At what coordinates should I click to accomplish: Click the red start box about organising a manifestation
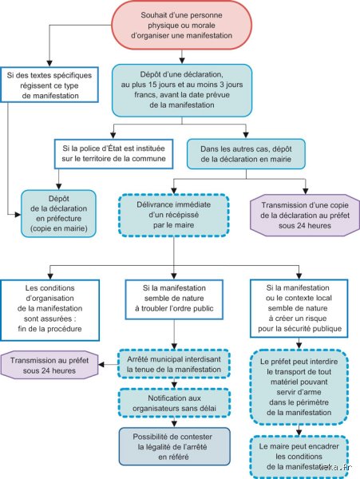[181, 26]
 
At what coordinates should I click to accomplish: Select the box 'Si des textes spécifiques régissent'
[49, 85]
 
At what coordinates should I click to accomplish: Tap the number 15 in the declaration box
[152, 85]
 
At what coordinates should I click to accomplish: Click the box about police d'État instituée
[113, 153]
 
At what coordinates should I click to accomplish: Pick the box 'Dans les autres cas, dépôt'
[246, 154]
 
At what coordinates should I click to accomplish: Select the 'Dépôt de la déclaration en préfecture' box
[58, 213]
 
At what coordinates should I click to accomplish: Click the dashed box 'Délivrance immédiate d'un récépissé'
[174, 215]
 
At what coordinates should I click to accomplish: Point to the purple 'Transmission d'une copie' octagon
[305, 216]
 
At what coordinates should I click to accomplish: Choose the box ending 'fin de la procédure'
[49, 310]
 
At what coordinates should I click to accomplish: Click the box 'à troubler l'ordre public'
[174, 299]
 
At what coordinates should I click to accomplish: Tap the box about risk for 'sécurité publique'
[299, 308]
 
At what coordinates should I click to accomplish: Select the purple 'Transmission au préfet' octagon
[49, 366]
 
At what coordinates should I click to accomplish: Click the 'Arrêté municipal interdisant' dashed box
[174, 364]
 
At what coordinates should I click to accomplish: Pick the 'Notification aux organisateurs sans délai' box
[174, 403]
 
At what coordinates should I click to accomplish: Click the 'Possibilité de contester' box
[174, 446]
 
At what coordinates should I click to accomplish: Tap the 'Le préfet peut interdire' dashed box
[299, 387]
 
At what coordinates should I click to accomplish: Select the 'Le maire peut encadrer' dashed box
[299, 457]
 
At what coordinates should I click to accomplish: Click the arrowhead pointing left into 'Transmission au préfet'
[101, 365]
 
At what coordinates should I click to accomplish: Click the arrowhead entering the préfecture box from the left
[18, 215]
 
